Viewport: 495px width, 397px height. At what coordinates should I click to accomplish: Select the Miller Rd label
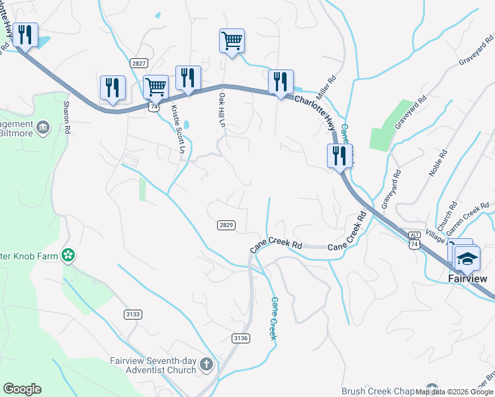(x=328, y=87)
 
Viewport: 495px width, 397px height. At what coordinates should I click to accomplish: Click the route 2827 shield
(x=139, y=63)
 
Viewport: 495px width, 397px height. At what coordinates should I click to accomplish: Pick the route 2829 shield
(x=226, y=226)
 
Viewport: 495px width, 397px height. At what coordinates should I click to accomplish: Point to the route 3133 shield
(x=132, y=314)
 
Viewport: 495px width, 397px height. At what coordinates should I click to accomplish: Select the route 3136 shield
(x=241, y=338)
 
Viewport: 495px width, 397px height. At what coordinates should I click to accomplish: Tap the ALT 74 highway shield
(x=415, y=240)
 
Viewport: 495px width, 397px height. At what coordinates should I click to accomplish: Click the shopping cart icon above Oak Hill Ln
(x=232, y=40)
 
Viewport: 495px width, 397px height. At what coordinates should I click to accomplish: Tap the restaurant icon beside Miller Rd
(x=281, y=82)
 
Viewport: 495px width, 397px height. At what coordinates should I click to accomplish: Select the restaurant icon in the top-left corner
(x=25, y=35)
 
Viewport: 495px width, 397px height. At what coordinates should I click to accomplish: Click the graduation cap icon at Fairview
(x=467, y=258)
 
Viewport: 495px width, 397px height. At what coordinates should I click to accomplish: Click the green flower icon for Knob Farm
(x=67, y=255)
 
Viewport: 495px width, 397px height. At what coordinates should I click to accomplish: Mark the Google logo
(x=22, y=389)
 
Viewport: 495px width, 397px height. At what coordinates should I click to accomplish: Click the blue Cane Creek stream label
(x=272, y=318)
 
